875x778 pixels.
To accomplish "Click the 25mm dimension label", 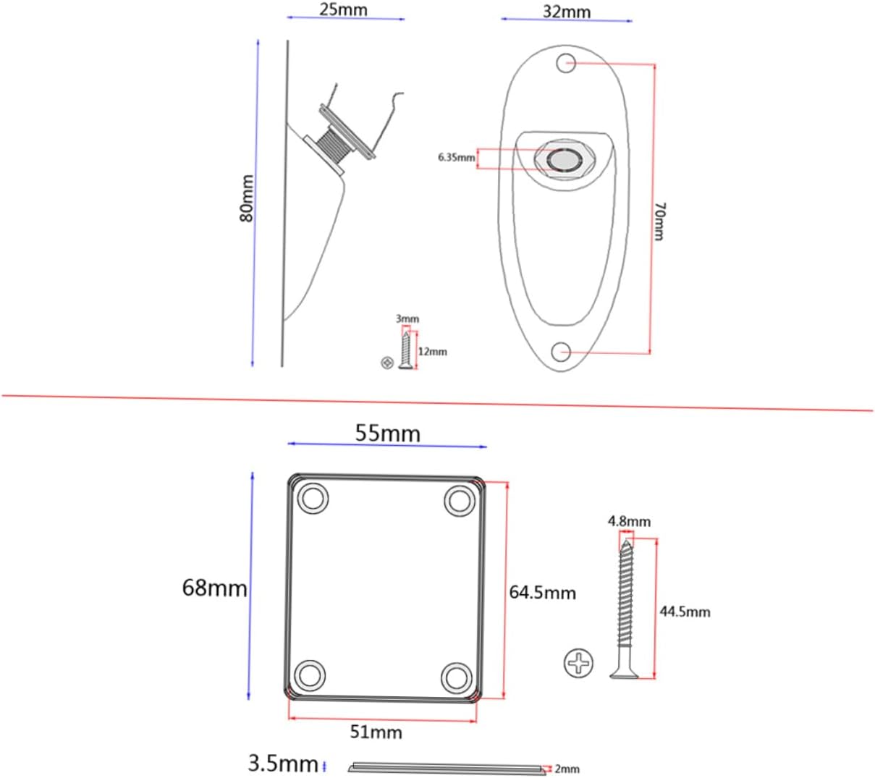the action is click(343, 9).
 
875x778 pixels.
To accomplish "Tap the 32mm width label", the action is click(567, 12).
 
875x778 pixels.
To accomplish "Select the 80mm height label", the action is click(247, 198).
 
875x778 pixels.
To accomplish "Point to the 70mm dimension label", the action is click(659, 221).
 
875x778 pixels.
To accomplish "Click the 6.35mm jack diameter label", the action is click(457, 157).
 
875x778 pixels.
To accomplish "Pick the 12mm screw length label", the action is click(432, 352).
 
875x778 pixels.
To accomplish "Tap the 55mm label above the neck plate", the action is click(387, 433).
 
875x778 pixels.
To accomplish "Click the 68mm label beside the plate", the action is click(215, 588).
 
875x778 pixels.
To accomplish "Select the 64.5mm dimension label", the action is click(543, 592).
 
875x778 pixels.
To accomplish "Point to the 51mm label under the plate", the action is click(376, 732).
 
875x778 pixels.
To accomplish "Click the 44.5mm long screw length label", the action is click(685, 612).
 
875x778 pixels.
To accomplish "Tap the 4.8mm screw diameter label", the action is click(629, 521).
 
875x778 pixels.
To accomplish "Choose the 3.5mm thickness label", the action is click(283, 764).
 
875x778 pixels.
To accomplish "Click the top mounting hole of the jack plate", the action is click(566, 63).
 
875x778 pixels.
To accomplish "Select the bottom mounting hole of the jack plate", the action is click(561, 352).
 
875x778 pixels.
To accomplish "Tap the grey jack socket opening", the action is click(564, 160).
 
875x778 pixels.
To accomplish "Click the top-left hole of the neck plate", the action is click(313, 499).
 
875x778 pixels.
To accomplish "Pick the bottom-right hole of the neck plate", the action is click(457, 677).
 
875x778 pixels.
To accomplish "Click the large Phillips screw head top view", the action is click(578, 663).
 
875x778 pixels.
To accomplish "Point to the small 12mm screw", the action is click(405, 350).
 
